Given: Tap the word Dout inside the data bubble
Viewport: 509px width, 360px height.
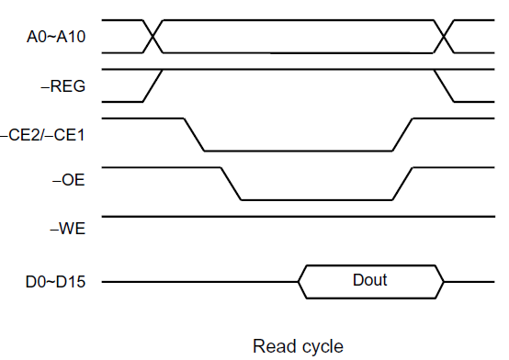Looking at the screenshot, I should click(370, 280).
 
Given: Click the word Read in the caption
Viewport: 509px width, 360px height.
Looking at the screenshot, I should click(272, 346).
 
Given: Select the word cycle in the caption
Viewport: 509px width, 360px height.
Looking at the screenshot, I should click(322, 346).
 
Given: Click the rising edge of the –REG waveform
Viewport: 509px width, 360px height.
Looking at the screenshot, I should click(153, 85).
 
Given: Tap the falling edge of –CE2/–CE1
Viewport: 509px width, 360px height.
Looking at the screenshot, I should click(194, 134).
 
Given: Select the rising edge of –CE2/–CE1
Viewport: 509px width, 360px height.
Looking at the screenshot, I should click(403, 134).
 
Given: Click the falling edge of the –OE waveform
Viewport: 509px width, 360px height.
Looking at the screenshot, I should click(231, 184).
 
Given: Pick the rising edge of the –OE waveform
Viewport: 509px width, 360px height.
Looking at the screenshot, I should click(403, 184).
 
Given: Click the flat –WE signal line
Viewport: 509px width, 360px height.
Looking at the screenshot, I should click(276, 217).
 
